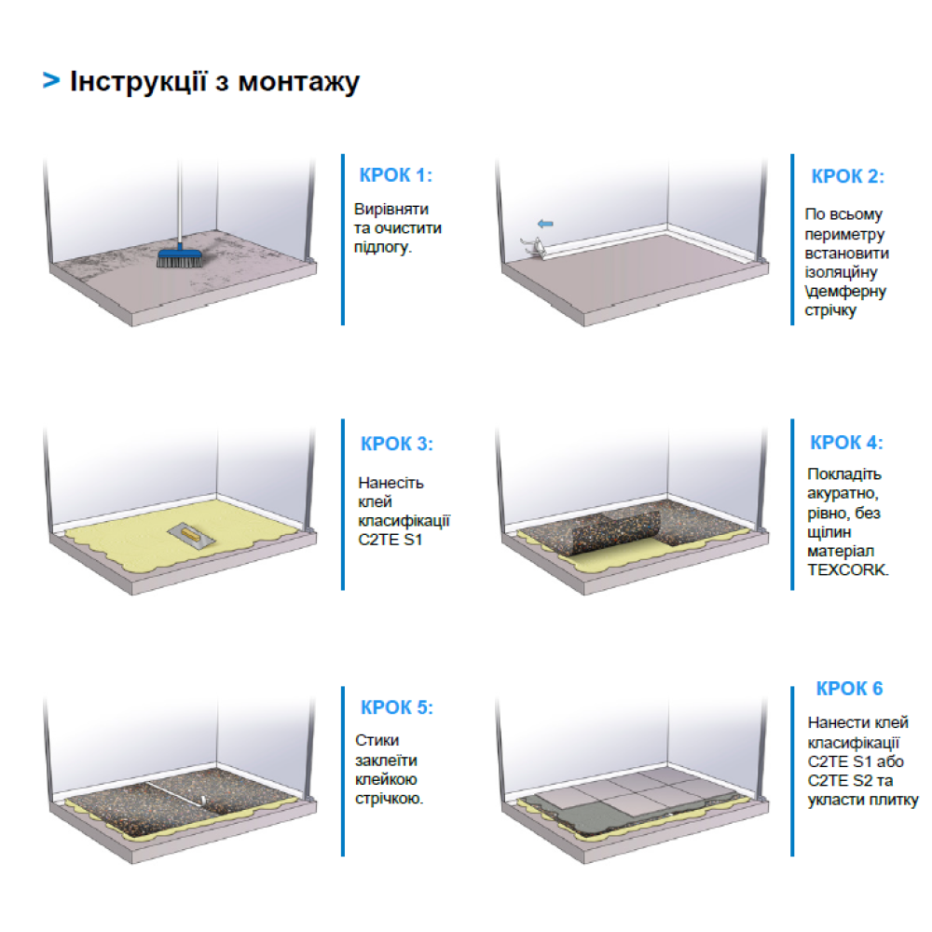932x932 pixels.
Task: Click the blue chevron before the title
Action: tap(51, 80)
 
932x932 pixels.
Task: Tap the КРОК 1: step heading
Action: tap(395, 175)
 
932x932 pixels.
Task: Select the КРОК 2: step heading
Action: tap(847, 176)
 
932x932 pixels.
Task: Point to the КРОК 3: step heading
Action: tap(396, 444)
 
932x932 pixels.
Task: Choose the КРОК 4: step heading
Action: tap(846, 443)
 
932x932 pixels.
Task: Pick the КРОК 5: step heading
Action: tap(396, 707)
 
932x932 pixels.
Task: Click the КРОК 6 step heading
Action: tap(849, 689)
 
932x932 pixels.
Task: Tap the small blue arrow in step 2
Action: tap(545, 224)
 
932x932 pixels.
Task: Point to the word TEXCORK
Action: tap(847, 570)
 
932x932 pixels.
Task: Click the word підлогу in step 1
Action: tap(383, 247)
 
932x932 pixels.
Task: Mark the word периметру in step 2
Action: tap(844, 234)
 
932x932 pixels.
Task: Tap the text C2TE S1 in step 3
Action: tap(390, 540)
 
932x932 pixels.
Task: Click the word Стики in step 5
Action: tap(377, 741)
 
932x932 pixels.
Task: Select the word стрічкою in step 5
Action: tap(389, 799)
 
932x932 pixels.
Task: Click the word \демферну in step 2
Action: tap(845, 291)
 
